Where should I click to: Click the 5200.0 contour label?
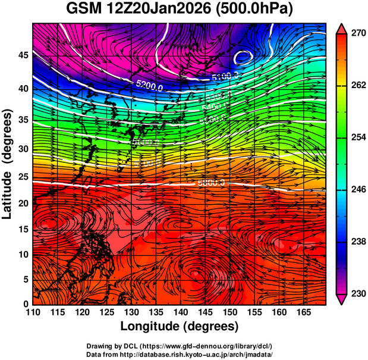tap(149, 87)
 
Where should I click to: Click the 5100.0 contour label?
tap(225, 76)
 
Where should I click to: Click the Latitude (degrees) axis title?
tap(9, 164)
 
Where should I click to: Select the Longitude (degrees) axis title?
tap(180, 326)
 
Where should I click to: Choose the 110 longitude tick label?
tap(33, 312)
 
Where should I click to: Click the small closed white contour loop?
tap(243, 58)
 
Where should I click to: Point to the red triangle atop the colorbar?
tap(341, 28)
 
